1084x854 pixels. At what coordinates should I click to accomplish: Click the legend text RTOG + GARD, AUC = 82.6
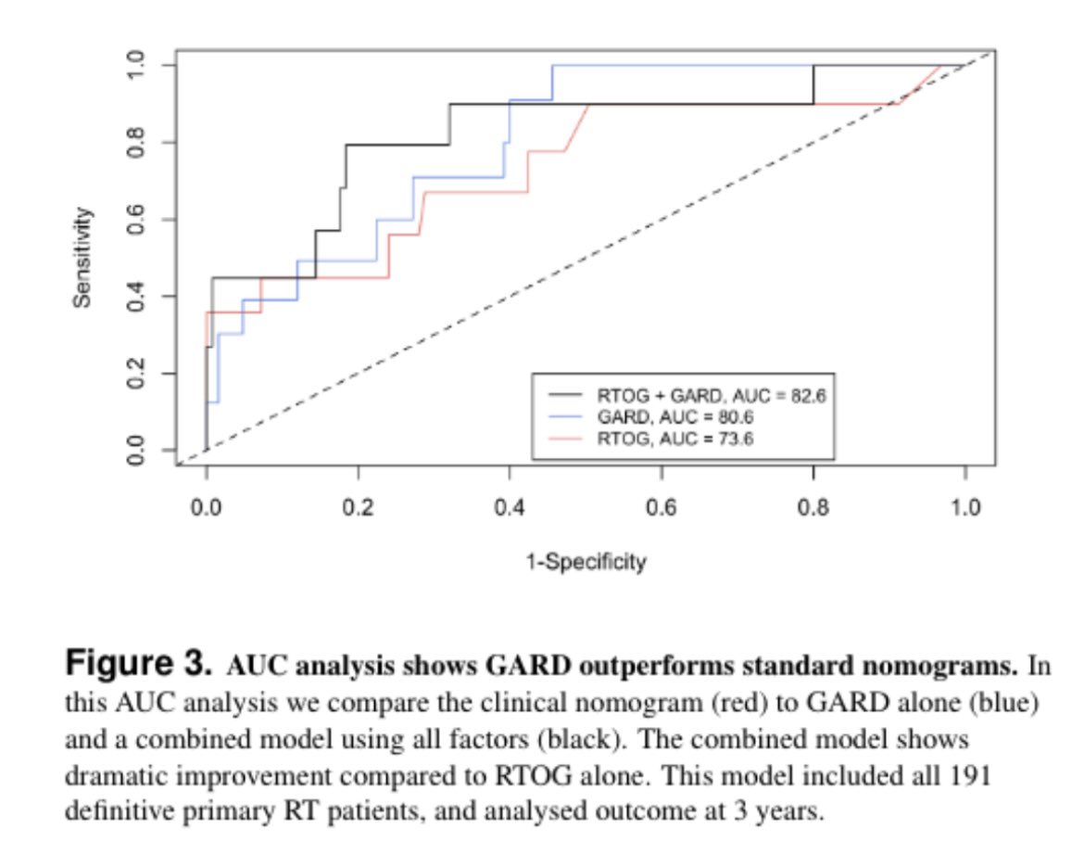(710, 394)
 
